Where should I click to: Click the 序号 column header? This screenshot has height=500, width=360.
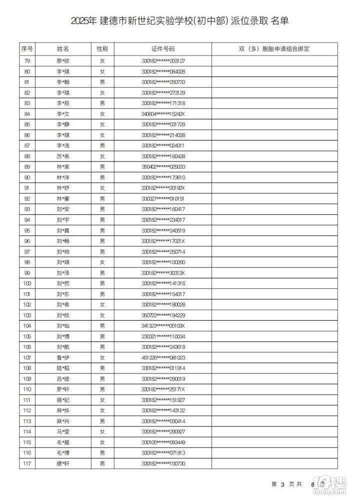tap(27, 49)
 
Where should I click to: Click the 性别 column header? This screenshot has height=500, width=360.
tap(102, 49)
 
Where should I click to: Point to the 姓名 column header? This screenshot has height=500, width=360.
tap(63, 49)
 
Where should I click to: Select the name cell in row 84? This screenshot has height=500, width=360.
tap(63, 114)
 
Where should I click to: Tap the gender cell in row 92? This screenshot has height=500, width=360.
tap(102, 198)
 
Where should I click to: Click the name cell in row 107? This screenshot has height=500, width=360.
tap(63, 357)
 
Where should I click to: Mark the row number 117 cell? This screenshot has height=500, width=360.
tap(27, 463)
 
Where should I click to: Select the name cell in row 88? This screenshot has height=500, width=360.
tap(63, 156)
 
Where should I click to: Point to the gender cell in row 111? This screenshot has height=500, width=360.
tap(102, 400)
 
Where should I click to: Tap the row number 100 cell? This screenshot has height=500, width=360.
tap(27, 283)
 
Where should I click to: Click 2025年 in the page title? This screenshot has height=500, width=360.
tap(83, 21)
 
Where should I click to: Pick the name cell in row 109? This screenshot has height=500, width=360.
tap(63, 379)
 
